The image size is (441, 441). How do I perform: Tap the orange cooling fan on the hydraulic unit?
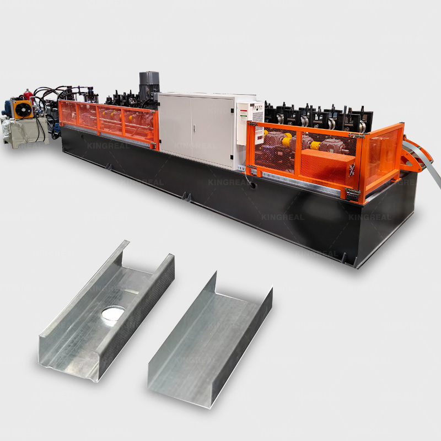pos(22,110)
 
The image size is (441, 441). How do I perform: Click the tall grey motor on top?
pos(149,85)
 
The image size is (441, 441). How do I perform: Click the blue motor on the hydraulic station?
pos(7,106)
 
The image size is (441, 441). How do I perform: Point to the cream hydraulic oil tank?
pos(25,132)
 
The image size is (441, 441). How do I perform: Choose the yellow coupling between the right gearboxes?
pos(315,146)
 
